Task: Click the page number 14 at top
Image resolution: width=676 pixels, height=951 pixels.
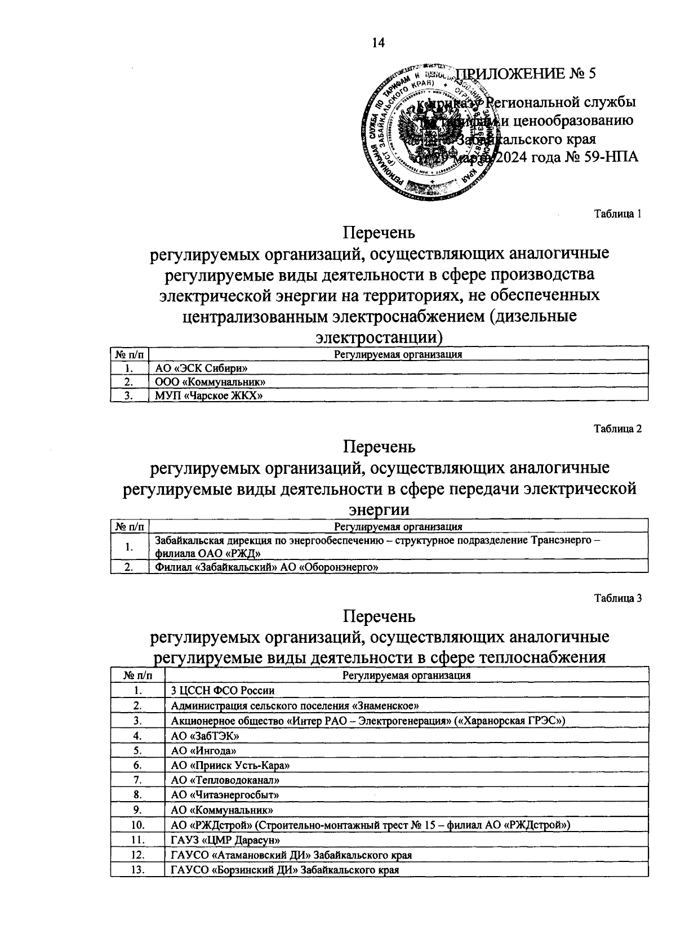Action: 378,43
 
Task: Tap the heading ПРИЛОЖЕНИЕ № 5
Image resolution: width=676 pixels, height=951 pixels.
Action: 526,74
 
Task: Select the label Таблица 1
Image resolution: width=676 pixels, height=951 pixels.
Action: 617,214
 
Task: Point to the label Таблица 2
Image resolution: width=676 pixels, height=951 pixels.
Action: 617,429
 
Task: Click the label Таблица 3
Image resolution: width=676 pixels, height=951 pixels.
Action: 617,599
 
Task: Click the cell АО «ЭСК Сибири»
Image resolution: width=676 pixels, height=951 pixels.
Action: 202,368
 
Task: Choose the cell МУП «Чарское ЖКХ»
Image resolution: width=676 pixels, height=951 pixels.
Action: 210,395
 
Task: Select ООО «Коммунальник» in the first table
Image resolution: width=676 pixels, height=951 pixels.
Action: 210,382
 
